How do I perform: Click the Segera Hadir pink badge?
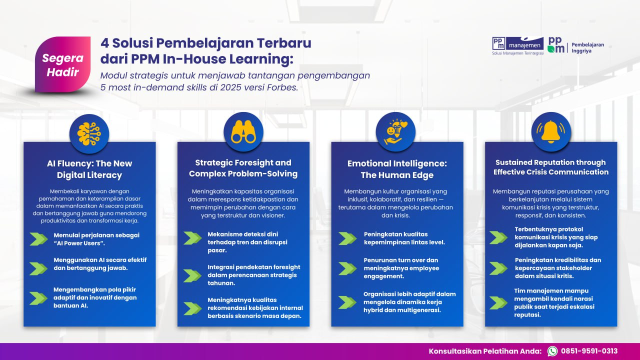pyautogui.click(x=63, y=64)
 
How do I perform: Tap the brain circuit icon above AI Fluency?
pyautogui.click(x=89, y=133)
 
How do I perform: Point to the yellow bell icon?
pyautogui.click(x=551, y=132)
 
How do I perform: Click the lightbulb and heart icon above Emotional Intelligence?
pyautogui.click(x=395, y=132)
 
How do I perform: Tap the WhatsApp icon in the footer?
pyautogui.click(x=552, y=351)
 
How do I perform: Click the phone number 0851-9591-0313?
pyautogui.click(x=589, y=351)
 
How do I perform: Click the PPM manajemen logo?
pyautogui.click(x=517, y=45)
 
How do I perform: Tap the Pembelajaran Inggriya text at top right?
pyautogui.click(x=587, y=47)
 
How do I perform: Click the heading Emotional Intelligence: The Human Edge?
pyautogui.click(x=397, y=169)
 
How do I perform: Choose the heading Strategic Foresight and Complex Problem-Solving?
pyautogui.click(x=243, y=168)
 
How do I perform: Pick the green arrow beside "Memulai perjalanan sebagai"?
pyautogui.click(x=38, y=239)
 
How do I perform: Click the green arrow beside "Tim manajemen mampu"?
pyautogui.click(x=498, y=303)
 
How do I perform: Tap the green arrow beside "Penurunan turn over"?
pyautogui.click(x=347, y=268)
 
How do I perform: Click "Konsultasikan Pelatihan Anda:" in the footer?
pyautogui.click(x=485, y=351)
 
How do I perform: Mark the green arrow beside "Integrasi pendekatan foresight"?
pyautogui.click(x=192, y=275)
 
